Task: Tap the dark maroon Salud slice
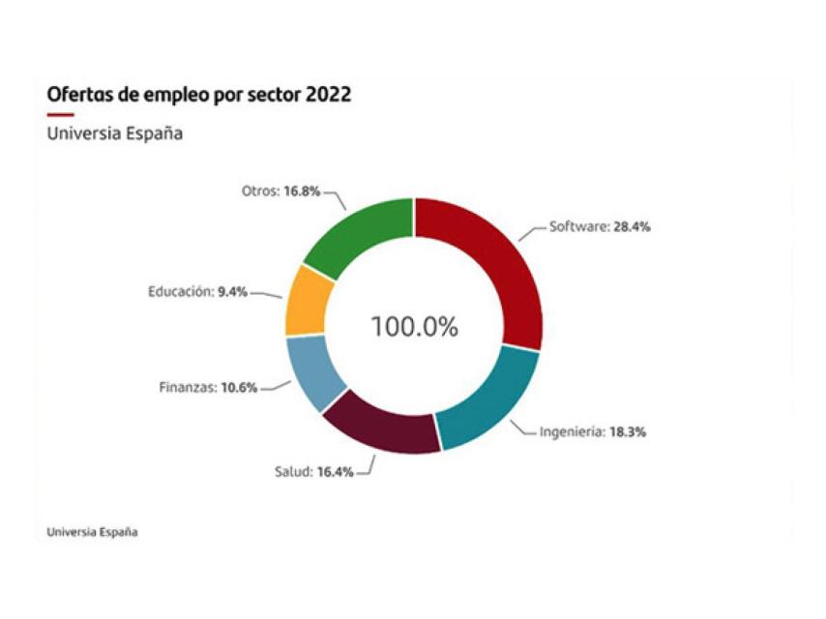pyautogui.click(x=382, y=427)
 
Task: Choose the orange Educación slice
pyautogui.click(x=308, y=301)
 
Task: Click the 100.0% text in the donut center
pyautogui.click(x=414, y=327)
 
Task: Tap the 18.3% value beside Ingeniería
pyautogui.click(x=628, y=432)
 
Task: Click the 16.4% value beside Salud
pyautogui.click(x=335, y=472)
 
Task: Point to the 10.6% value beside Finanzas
pyautogui.click(x=239, y=388)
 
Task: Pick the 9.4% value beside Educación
pyautogui.click(x=231, y=290)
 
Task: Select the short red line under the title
pyautogui.click(x=60, y=114)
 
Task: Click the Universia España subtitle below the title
pyautogui.click(x=114, y=133)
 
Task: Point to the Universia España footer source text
pyautogui.click(x=92, y=532)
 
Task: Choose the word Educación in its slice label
pyautogui.click(x=179, y=290)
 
